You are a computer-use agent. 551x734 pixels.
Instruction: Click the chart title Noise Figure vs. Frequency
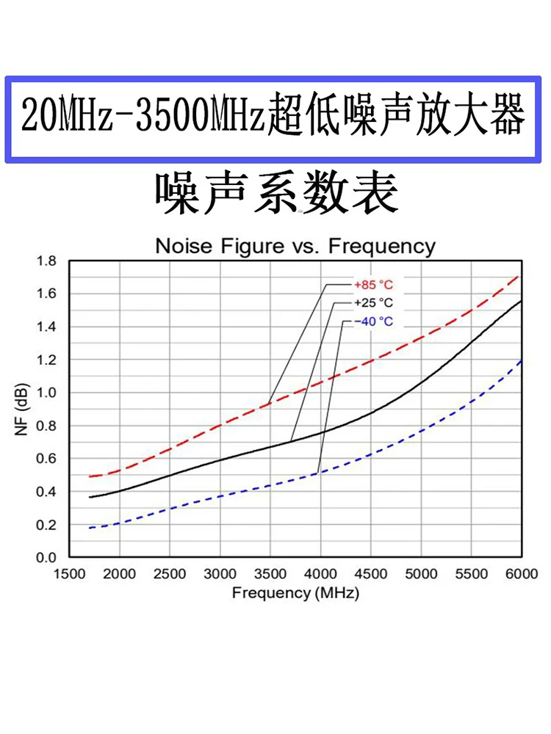(295, 246)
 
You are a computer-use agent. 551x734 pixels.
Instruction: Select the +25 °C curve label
(373, 302)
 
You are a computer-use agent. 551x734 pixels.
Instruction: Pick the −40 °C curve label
(373, 321)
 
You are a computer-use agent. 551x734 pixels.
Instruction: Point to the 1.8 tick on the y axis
(46, 261)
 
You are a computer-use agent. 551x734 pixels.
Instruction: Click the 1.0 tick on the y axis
(46, 393)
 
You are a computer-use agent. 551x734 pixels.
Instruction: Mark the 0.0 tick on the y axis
(46, 558)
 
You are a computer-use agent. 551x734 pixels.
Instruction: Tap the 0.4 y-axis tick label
(46, 492)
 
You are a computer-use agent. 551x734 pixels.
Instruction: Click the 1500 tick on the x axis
(70, 574)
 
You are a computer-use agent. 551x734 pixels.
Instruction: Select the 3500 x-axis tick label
(270, 574)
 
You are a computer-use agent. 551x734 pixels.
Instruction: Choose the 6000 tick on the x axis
(519, 574)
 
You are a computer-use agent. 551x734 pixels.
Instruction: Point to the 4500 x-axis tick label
(370, 574)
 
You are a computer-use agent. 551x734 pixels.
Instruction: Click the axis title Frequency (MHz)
(295, 592)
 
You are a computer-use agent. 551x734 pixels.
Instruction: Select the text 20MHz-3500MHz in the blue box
(143, 117)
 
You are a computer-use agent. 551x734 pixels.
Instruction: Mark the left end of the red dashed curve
(90, 476)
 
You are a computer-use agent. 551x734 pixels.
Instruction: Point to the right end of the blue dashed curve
(519, 360)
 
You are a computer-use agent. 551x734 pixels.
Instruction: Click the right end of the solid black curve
(519, 301)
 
